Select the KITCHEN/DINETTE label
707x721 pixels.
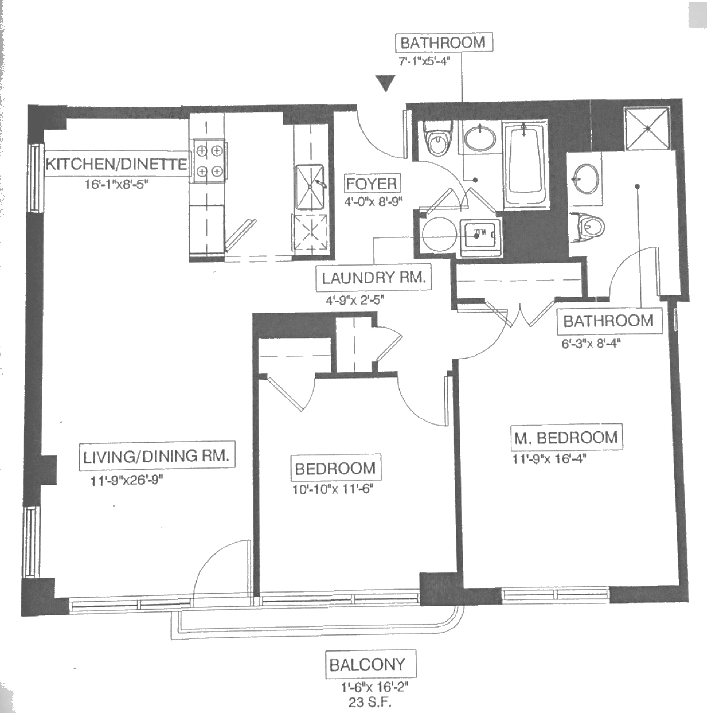click(x=116, y=164)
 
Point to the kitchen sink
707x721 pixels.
click(x=310, y=187)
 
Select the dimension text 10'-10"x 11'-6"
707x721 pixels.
click(x=332, y=490)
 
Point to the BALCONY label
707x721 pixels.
click(x=367, y=665)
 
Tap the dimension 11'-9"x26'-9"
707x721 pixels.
click(x=127, y=481)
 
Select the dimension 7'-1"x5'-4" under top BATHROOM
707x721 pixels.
click(x=424, y=61)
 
